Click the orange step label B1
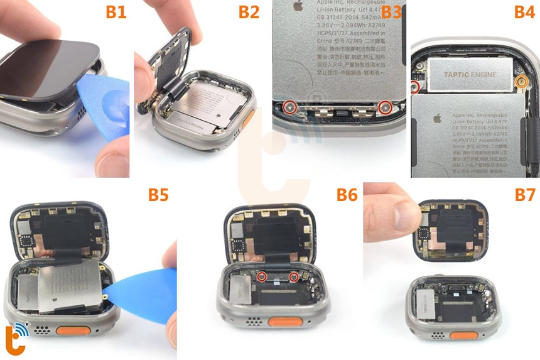point(116,12)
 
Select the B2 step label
point(249,12)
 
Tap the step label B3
point(391,12)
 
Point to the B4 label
point(523,12)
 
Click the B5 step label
point(159,195)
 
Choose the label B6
point(345,195)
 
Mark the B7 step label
point(524,195)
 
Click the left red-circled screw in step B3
point(289,107)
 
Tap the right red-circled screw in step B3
point(386,108)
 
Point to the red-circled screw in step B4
point(416,87)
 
